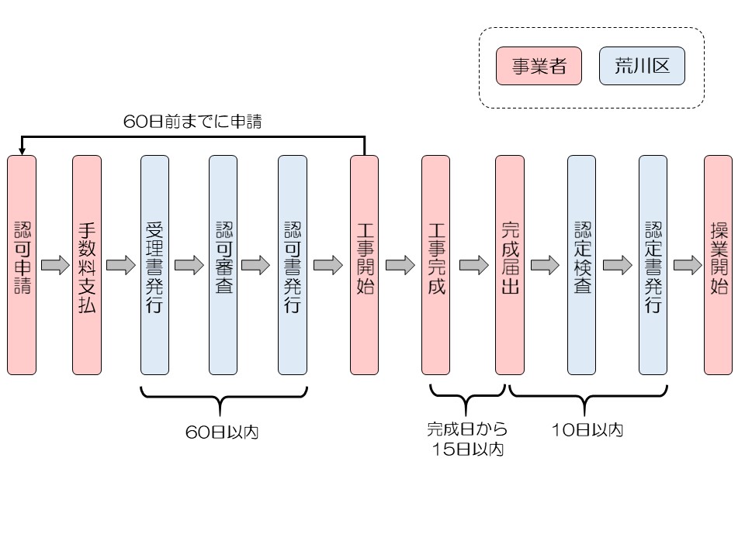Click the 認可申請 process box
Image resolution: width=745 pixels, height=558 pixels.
coord(22,265)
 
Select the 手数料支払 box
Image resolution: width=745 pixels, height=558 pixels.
coord(87,265)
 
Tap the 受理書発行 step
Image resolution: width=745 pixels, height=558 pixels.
coord(154,265)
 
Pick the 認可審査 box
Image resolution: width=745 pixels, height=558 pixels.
coord(223,265)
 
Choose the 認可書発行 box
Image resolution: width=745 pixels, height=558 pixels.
coord(293,265)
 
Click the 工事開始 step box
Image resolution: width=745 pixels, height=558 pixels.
coord(364,265)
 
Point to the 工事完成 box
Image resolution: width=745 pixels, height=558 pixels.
coord(435,265)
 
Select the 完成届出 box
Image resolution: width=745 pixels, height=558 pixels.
coord(509,265)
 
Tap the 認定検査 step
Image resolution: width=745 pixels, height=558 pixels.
coord(581,265)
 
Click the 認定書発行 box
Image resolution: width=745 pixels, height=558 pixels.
coord(653,265)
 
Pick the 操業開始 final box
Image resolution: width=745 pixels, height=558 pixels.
coord(718,265)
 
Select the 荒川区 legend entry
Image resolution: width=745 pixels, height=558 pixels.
coord(642,66)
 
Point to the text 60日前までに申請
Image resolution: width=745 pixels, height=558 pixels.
coord(192,122)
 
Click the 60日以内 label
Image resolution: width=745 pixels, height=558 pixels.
coord(222,432)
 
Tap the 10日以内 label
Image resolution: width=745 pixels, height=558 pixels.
coord(587,430)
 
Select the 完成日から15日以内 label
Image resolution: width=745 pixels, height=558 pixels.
coord(467,439)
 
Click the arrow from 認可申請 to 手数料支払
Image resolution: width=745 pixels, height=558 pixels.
coord(54,266)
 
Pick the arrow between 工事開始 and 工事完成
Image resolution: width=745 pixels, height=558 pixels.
coord(400,266)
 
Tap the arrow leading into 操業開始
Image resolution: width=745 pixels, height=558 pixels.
coord(687,266)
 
